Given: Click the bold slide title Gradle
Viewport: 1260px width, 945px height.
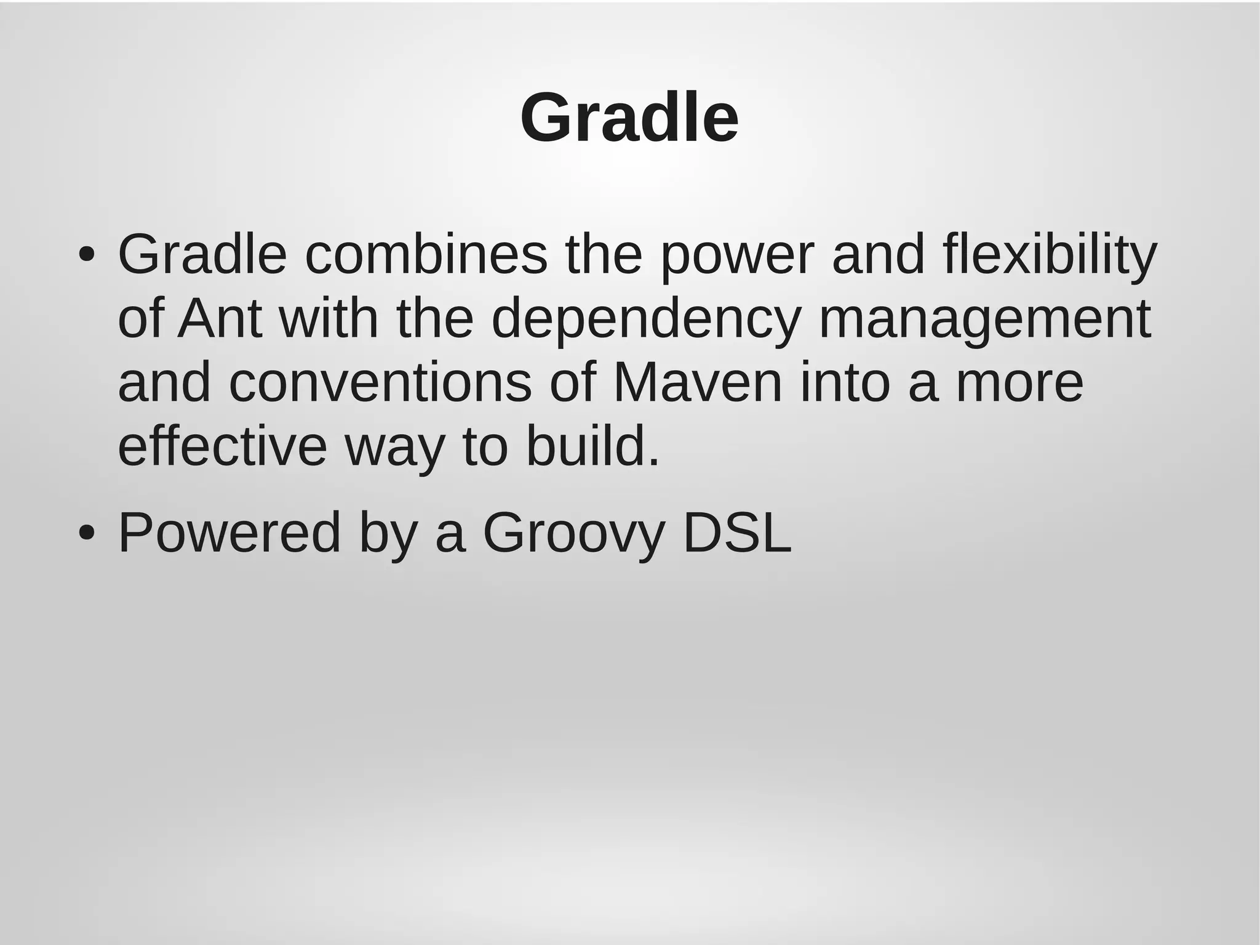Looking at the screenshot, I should [629, 118].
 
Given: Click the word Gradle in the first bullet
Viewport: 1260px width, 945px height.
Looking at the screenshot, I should [202, 255].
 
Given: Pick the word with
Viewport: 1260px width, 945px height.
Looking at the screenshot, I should [328, 319].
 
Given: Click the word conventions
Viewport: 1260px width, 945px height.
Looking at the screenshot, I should [380, 383].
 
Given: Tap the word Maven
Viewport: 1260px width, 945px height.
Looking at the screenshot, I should [697, 383].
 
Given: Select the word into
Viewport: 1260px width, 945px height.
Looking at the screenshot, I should [845, 383].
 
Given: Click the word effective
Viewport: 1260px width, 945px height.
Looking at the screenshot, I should [222, 446].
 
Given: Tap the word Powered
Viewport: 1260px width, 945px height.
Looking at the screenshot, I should [229, 533].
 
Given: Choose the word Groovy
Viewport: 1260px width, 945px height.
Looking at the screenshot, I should [574, 534].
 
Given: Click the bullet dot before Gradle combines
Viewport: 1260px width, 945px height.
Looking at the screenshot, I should [87, 255].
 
